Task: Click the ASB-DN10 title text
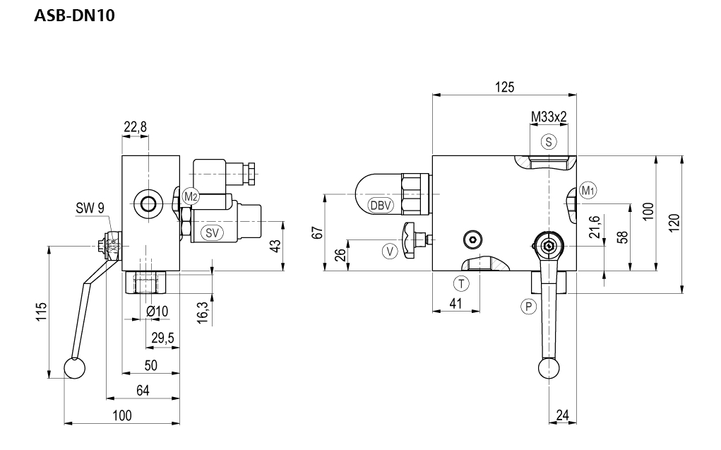pyautogui.click(x=74, y=14)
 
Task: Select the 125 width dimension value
pyautogui.click(x=503, y=86)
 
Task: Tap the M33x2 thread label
pyautogui.click(x=549, y=117)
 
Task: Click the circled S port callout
pyautogui.click(x=549, y=141)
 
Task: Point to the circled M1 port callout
pyautogui.click(x=588, y=189)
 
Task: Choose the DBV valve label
pyautogui.click(x=381, y=205)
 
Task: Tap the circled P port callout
pyautogui.click(x=527, y=306)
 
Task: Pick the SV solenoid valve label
pyautogui.click(x=210, y=232)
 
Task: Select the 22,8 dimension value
pyautogui.click(x=135, y=127)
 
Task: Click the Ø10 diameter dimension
pyautogui.click(x=157, y=312)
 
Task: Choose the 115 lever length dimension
pyautogui.click(x=41, y=312)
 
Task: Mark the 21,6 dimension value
pyautogui.click(x=594, y=228)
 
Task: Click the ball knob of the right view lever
pyautogui.click(x=548, y=367)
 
